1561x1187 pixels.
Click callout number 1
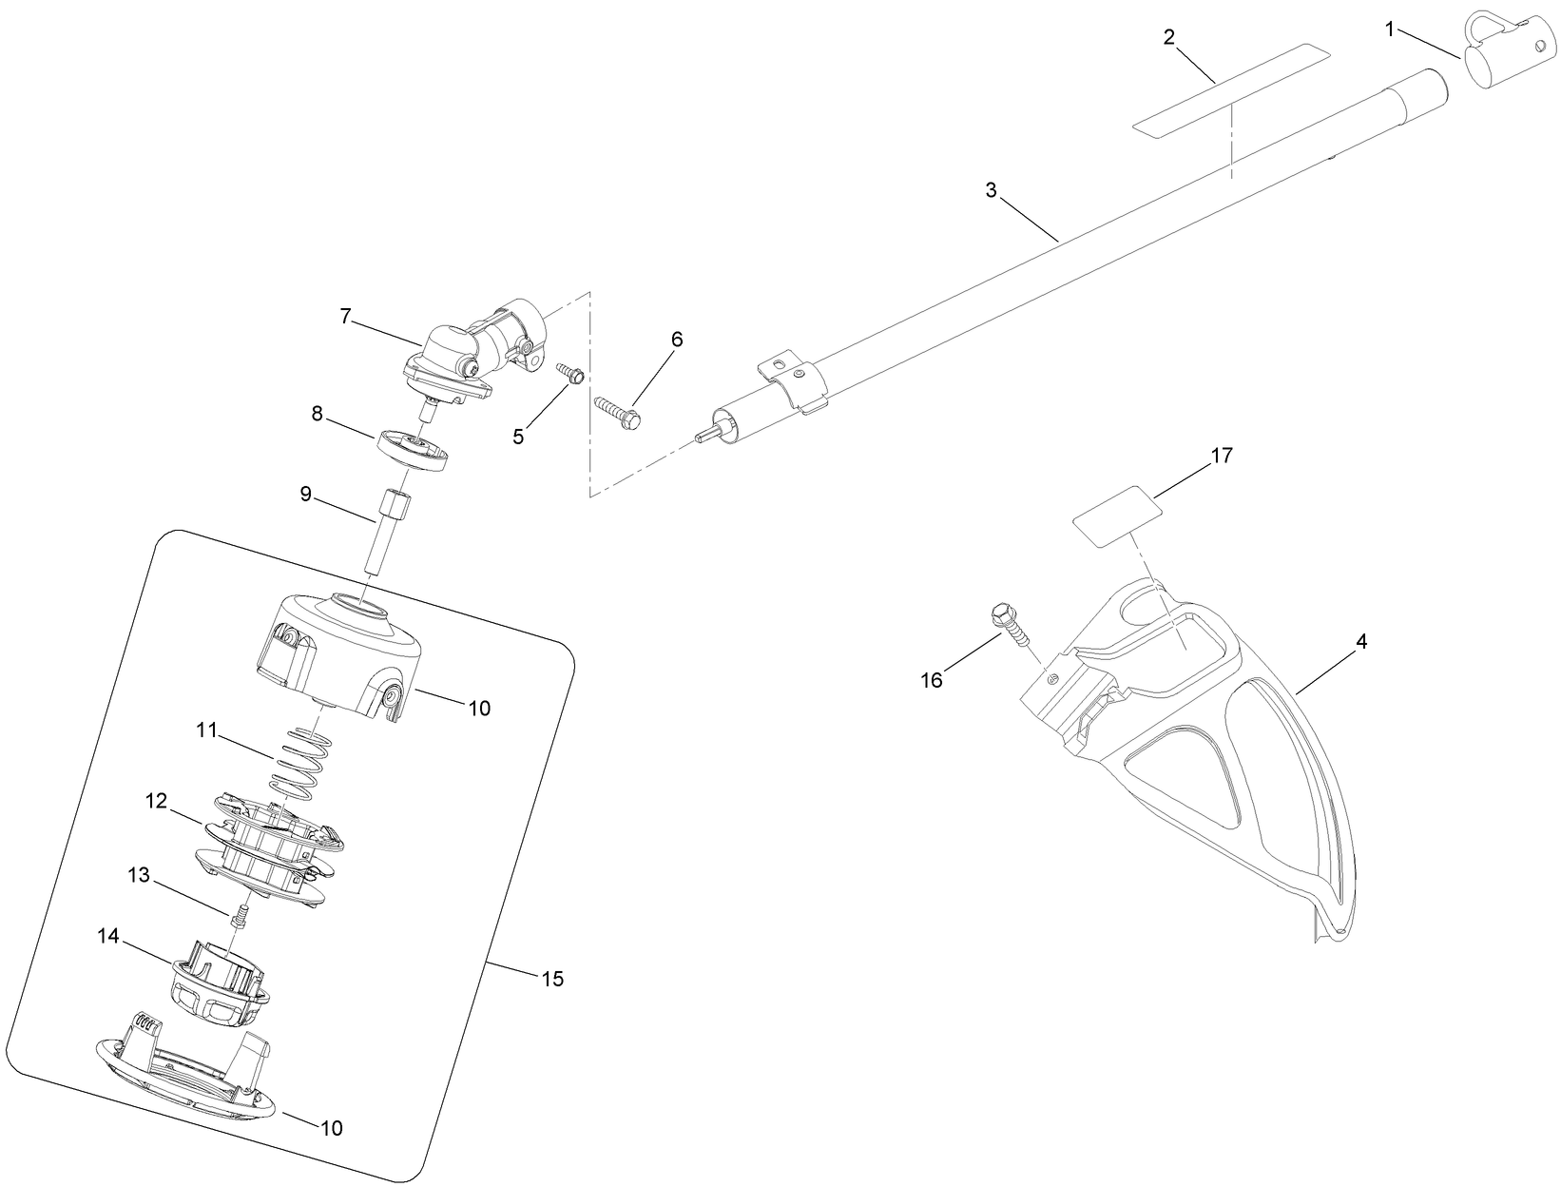pyautogui.click(x=1391, y=30)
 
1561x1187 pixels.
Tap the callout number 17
pyautogui.click(x=1222, y=456)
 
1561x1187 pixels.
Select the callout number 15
pyautogui.click(x=552, y=979)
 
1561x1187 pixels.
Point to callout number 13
pyautogui.click(x=140, y=875)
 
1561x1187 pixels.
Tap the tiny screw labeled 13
pyautogui.click(x=240, y=919)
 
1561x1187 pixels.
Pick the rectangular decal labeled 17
pyautogui.click(x=1120, y=516)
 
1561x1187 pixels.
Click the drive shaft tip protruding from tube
pyautogui.click(x=704, y=434)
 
